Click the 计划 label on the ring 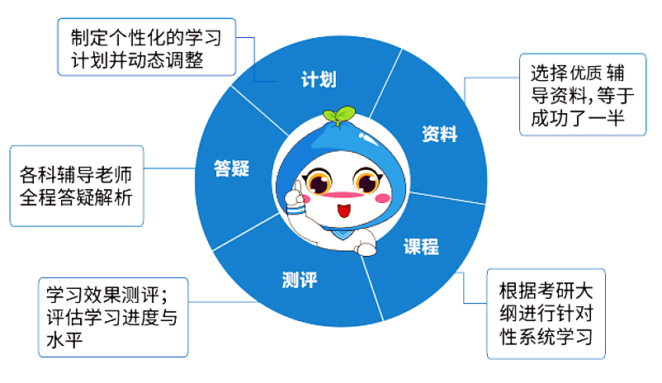(x=318, y=81)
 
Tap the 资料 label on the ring (x=439, y=134)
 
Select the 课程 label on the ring (x=421, y=246)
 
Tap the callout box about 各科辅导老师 (x=77, y=186)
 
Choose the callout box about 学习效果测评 (x=114, y=317)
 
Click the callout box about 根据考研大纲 (x=546, y=314)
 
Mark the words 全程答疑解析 (x=77, y=198)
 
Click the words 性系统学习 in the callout (x=546, y=338)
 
